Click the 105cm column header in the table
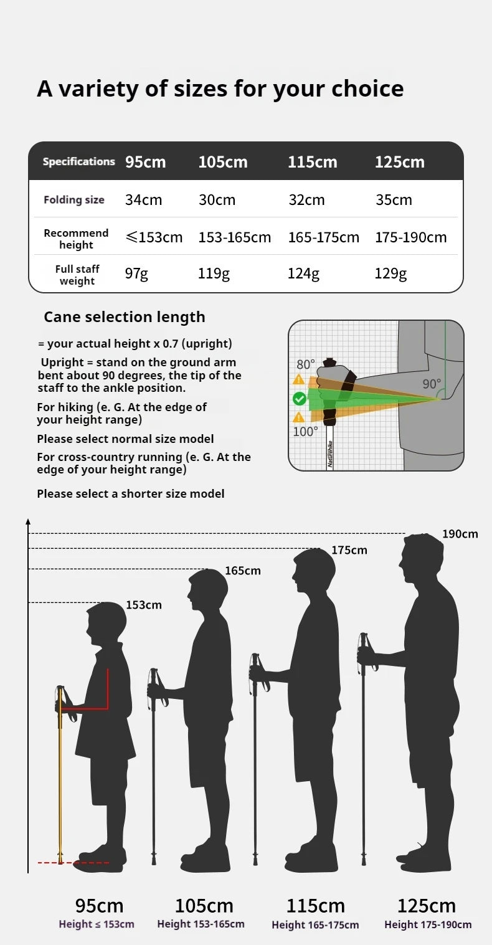tap(223, 162)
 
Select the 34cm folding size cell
tap(143, 200)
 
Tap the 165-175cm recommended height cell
tap(323, 237)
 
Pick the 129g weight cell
tap(390, 273)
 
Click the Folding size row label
tap(73, 200)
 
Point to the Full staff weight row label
tap(77, 275)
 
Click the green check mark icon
tap(300, 399)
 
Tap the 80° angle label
tap(305, 364)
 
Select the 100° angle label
tap(305, 431)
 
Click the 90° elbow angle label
tap(431, 384)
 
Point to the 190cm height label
tap(460, 534)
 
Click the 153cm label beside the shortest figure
tap(144, 605)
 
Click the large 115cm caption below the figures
tap(315, 905)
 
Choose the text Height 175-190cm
tap(428, 924)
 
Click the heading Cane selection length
tap(124, 317)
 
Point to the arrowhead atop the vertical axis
tap(28, 521)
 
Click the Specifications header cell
tap(78, 162)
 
